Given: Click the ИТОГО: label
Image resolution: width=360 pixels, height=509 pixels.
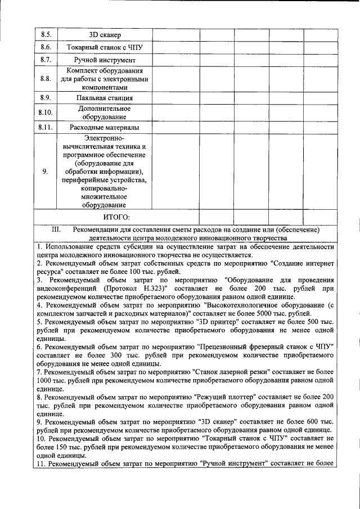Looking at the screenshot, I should pos(116,217).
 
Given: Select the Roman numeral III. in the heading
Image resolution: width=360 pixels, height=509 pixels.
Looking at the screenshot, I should pos(55,230).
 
